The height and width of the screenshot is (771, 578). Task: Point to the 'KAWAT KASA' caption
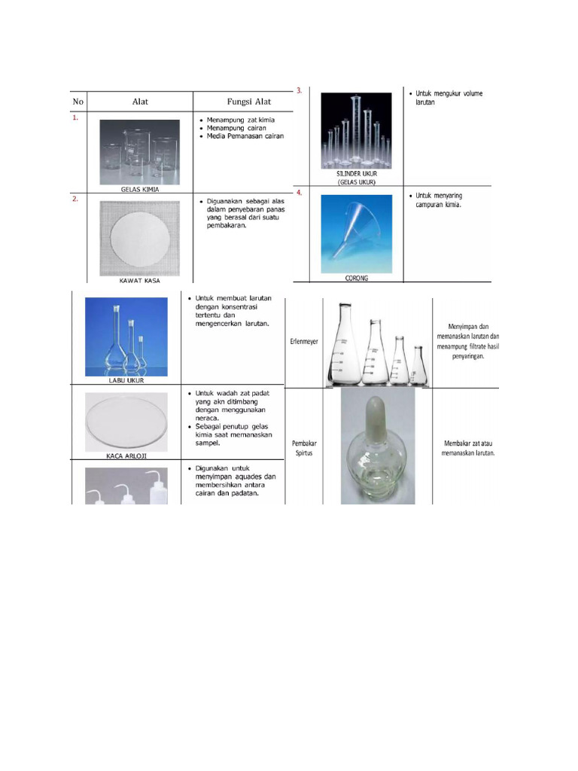tap(141, 280)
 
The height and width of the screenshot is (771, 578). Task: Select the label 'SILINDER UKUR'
tap(356, 174)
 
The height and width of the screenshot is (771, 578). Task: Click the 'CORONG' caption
tap(356, 277)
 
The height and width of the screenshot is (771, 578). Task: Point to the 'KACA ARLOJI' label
tap(125, 456)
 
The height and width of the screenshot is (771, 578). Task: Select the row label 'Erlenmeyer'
tap(304, 341)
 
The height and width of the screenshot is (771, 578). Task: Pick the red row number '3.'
tap(300, 91)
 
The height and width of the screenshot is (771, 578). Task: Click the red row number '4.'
tap(300, 193)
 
